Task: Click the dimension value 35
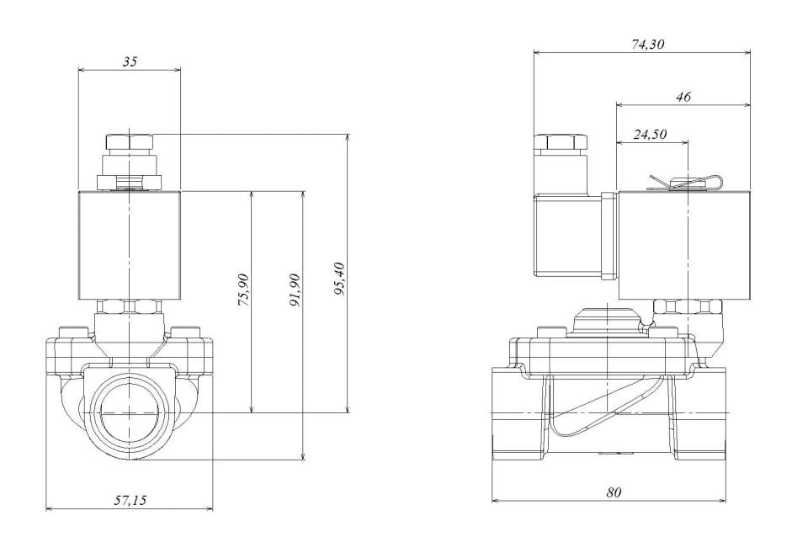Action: point(129,61)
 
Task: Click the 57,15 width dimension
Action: point(130,500)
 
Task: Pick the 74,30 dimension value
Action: point(647,45)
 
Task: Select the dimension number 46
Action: point(683,98)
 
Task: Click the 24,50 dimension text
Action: point(649,134)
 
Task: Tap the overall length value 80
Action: point(613,492)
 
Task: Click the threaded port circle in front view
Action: point(129,413)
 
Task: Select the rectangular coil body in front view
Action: point(129,245)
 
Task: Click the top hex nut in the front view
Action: point(128,141)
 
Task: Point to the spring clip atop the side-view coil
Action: point(684,182)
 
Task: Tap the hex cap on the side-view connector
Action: point(561,141)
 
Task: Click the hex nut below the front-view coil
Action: point(128,307)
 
